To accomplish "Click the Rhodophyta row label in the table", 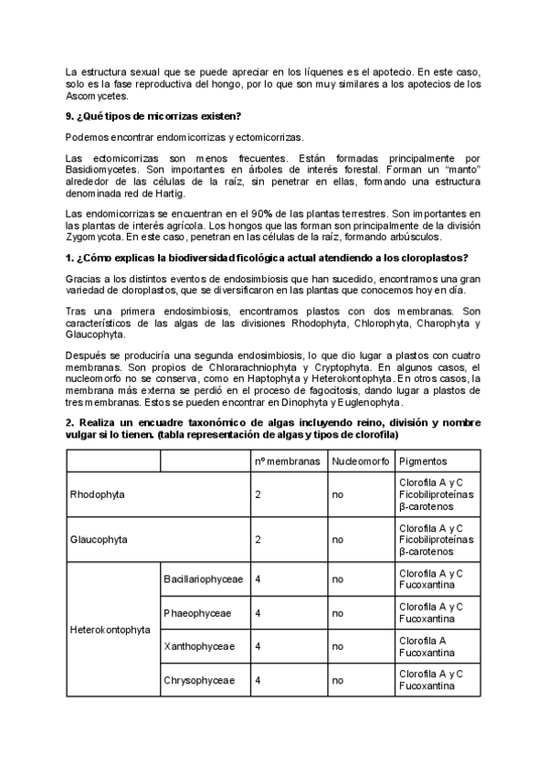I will pyautogui.click(x=98, y=494).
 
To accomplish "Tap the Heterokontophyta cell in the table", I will pyautogui.click(x=111, y=630).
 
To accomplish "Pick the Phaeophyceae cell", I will pyautogui.click(x=197, y=612).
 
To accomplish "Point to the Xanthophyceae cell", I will pyautogui.click(x=199, y=646).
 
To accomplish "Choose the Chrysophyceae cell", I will pyautogui.click(x=199, y=680).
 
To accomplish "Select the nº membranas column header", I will pyautogui.click(x=288, y=461).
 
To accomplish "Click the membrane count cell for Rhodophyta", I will pyautogui.click(x=259, y=494).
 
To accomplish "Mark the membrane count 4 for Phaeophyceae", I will pyautogui.click(x=259, y=612).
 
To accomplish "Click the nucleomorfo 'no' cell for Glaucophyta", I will pyautogui.click(x=338, y=539).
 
